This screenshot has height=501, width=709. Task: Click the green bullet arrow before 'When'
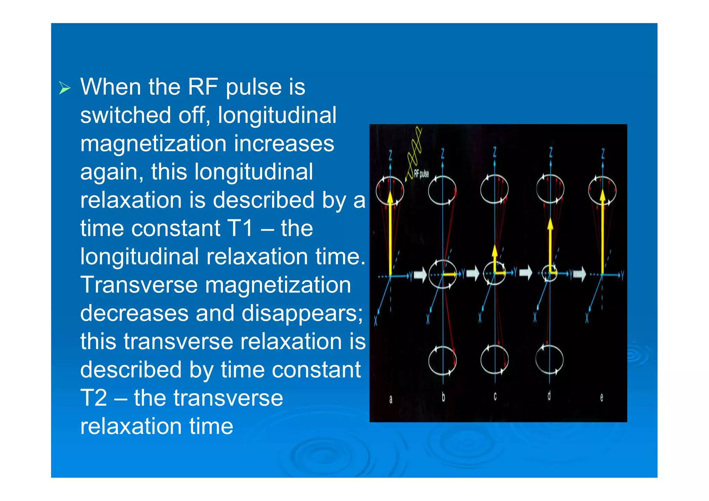click(x=64, y=88)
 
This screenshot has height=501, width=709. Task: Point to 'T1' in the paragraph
click(x=240, y=228)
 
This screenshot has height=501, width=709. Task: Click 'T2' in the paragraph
click(x=93, y=398)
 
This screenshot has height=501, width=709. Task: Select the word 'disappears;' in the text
click(x=302, y=313)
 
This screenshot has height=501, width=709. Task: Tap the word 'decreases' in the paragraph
click(x=134, y=313)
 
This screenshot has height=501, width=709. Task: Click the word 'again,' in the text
click(x=111, y=172)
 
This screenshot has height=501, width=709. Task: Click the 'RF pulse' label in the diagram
click(x=421, y=173)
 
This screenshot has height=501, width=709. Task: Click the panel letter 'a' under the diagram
click(x=391, y=399)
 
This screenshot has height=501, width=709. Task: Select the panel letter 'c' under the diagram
click(x=495, y=396)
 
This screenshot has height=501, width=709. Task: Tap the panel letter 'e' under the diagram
click(x=602, y=398)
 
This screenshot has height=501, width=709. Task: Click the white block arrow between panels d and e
click(x=579, y=274)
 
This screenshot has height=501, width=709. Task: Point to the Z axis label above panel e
click(x=603, y=153)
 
